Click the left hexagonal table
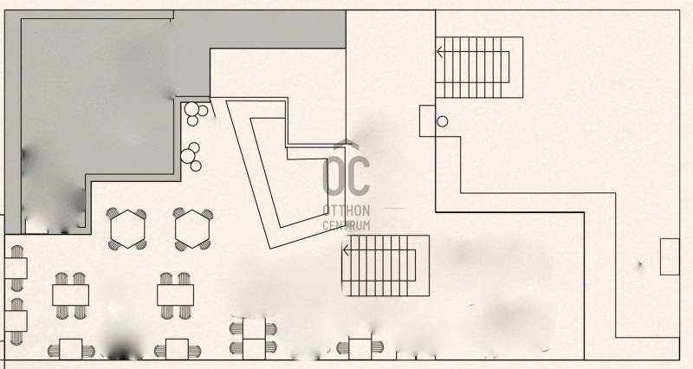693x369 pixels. click(127, 229)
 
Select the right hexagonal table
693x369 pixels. click(191, 229)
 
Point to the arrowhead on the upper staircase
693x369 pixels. click(440, 52)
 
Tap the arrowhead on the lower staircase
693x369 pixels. click(346, 250)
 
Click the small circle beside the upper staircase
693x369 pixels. click(443, 121)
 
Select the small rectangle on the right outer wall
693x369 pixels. click(670, 256)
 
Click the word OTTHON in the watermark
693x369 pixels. click(346, 210)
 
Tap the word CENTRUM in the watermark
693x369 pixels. click(346, 225)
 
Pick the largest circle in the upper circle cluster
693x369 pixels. click(191, 109)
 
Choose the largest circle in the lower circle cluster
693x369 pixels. click(188, 156)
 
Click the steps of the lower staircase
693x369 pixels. click(385, 266)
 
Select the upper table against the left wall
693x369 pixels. click(16, 269)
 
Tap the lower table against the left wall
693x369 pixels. click(16, 321)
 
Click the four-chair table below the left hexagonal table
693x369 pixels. click(70, 295)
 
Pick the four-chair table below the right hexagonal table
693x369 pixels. click(176, 295)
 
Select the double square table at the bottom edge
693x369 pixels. click(254, 339)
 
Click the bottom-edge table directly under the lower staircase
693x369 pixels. click(359, 349)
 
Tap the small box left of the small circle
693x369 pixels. click(427, 120)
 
